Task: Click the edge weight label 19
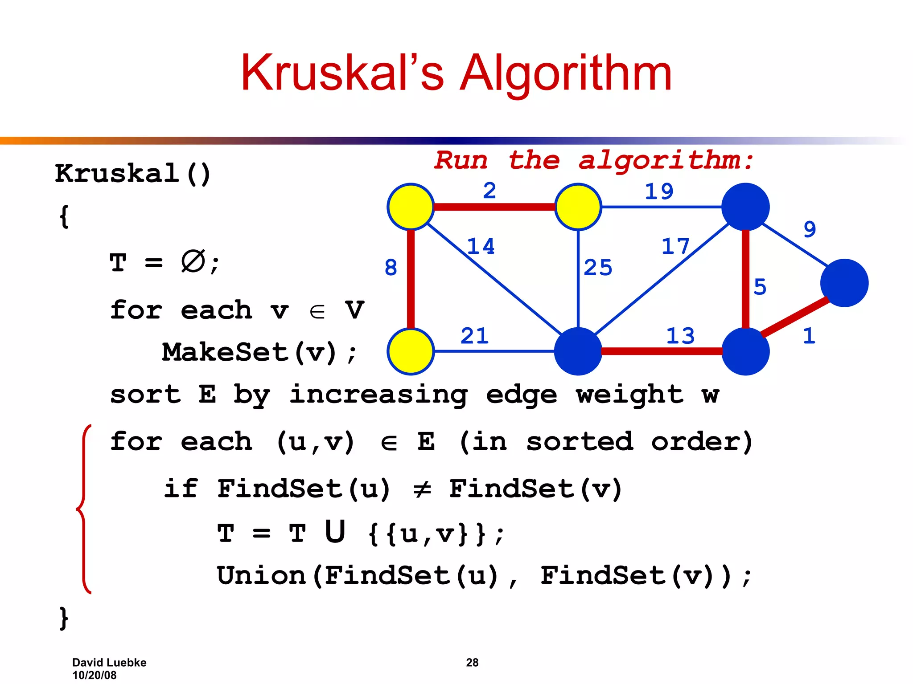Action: click(x=659, y=191)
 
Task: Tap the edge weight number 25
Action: click(x=598, y=268)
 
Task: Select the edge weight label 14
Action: click(x=481, y=246)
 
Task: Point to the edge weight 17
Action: click(x=675, y=246)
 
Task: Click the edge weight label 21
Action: click(x=474, y=336)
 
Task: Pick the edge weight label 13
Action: click(x=680, y=336)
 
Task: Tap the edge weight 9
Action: click(x=810, y=229)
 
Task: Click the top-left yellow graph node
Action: click(x=411, y=207)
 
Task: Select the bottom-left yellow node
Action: click(x=411, y=351)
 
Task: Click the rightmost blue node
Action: click(x=844, y=283)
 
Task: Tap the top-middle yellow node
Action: click(x=578, y=207)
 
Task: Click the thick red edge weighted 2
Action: click(x=494, y=207)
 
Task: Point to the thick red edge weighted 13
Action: click(x=662, y=351)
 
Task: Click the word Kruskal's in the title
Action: click(x=342, y=73)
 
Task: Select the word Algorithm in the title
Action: click(x=565, y=73)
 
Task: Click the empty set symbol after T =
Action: click(x=193, y=261)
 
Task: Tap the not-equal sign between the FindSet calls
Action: click(x=422, y=489)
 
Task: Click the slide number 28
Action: click(x=472, y=663)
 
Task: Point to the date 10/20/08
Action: click(x=94, y=675)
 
